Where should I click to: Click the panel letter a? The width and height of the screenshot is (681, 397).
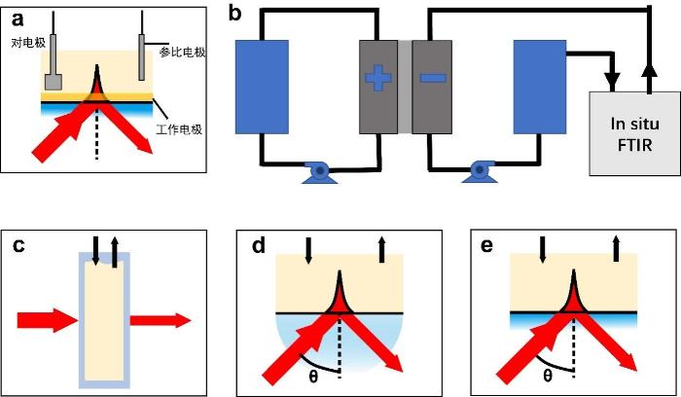coord(16,17)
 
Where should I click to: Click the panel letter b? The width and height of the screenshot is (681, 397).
coord(234,14)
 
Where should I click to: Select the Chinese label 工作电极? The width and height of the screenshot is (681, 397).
coord(177,129)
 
